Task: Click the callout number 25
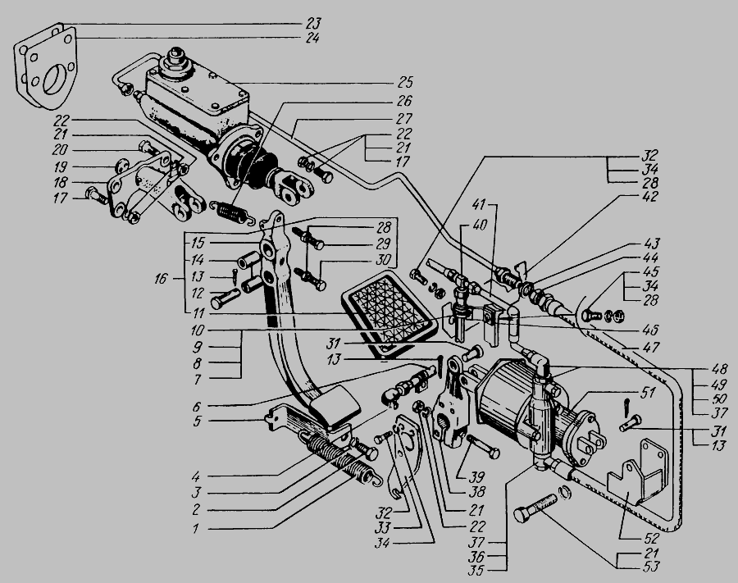(405, 82)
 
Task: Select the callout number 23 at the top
(312, 23)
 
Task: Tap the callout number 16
(161, 279)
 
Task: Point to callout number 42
(649, 196)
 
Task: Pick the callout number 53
(650, 566)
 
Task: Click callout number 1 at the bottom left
(196, 528)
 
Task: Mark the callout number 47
(651, 348)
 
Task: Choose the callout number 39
(476, 477)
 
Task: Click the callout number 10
(197, 330)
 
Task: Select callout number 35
(476, 571)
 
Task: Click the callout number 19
(60, 166)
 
